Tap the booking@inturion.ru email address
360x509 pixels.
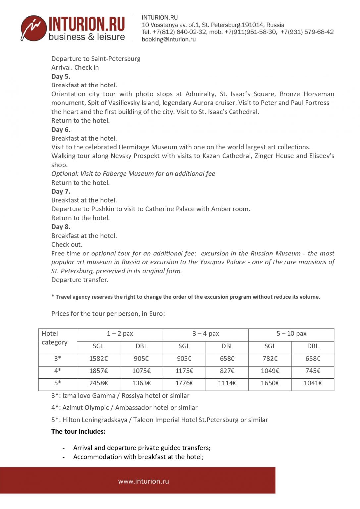[x=169, y=39]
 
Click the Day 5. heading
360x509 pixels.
[x=61, y=76]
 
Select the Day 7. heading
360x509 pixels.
[x=61, y=191]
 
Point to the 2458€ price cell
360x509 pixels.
[x=98, y=383]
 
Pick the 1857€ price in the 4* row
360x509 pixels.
[x=98, y=371]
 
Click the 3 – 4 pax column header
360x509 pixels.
[x=206, y=334]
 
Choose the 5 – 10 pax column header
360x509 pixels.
[x=291, y=334]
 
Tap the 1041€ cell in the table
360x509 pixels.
[x=313, y=383]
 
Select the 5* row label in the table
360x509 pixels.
[x=58, y=383]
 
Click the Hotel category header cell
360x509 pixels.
[x=54, y=338]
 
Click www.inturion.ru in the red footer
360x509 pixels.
[x=143, y=481]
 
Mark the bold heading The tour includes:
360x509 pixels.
[x=78, y=431]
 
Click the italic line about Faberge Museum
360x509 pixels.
[x=133, y=174]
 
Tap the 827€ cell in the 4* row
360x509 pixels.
[x=227, y=371]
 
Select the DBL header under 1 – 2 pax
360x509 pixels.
[x=141, y=346]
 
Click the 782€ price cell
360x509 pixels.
[x=270, y=359]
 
